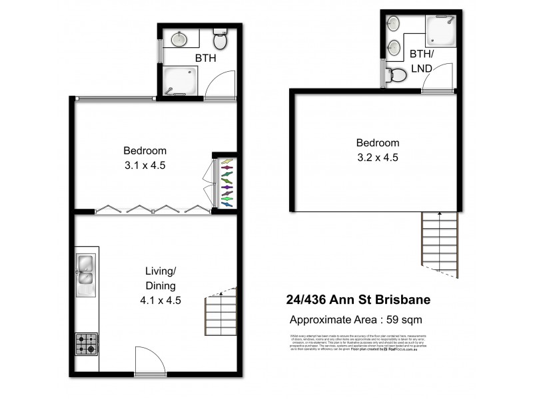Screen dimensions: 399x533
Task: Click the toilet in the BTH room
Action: pos(220,41)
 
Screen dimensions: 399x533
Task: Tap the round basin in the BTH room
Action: pos(179,39)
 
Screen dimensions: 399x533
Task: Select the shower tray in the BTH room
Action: pos(180,80)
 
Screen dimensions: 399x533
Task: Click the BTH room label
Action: pos(205,59)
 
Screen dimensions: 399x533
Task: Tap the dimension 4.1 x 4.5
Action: pos(160,300)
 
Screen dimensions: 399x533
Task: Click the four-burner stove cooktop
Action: pos(87,344)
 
